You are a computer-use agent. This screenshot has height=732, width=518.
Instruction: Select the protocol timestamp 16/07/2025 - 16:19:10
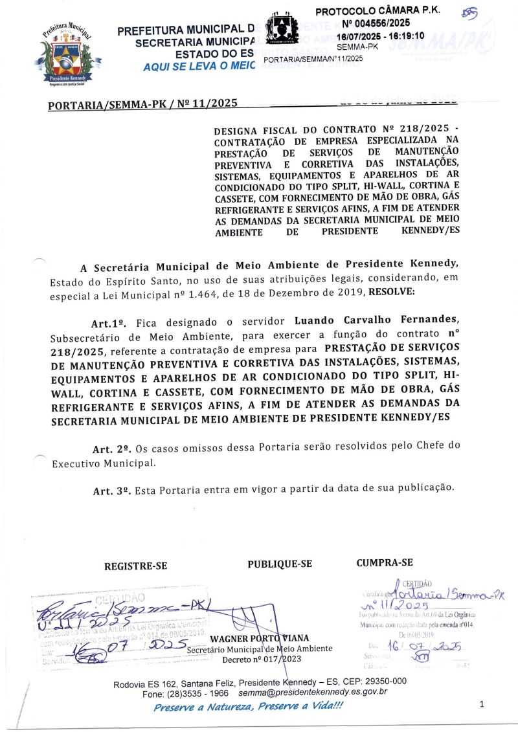tap(380, 36)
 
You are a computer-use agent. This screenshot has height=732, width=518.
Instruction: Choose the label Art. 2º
tap(113, 449)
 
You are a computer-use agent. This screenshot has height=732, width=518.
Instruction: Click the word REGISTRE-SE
tap(136, 566)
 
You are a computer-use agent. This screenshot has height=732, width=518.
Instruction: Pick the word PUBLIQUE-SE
tap(280, 564)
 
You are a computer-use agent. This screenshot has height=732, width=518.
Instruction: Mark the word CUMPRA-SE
tap(385, 562)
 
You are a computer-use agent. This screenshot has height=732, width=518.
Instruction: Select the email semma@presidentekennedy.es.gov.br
tap(313, 693)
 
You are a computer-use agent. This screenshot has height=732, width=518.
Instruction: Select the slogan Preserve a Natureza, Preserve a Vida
tap(248, 706)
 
